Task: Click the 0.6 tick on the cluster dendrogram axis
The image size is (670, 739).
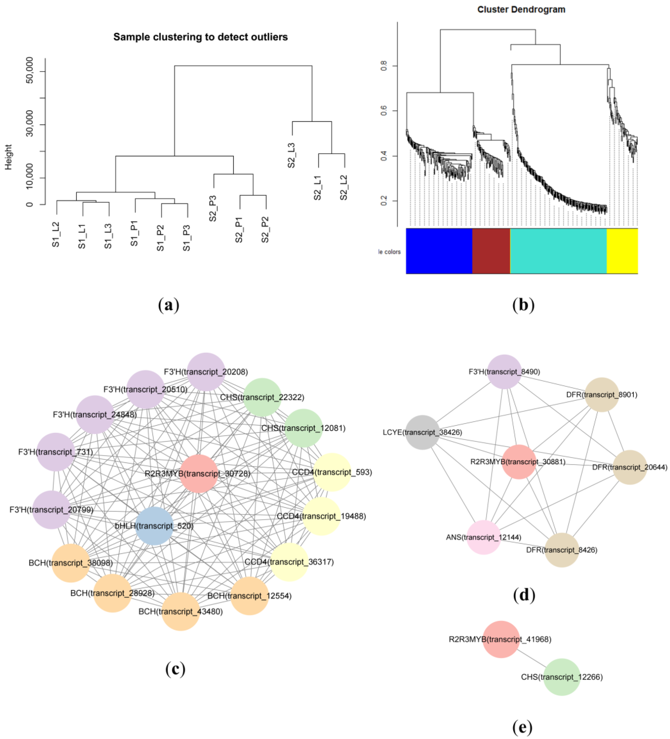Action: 384,111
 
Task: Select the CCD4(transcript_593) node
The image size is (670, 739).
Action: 332,472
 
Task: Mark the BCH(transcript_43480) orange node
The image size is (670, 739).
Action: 181,612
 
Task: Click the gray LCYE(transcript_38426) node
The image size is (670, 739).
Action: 422,432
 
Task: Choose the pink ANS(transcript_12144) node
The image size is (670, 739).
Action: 483,537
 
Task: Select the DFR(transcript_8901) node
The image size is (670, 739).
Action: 601,395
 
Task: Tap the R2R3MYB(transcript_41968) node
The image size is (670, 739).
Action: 501,639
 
